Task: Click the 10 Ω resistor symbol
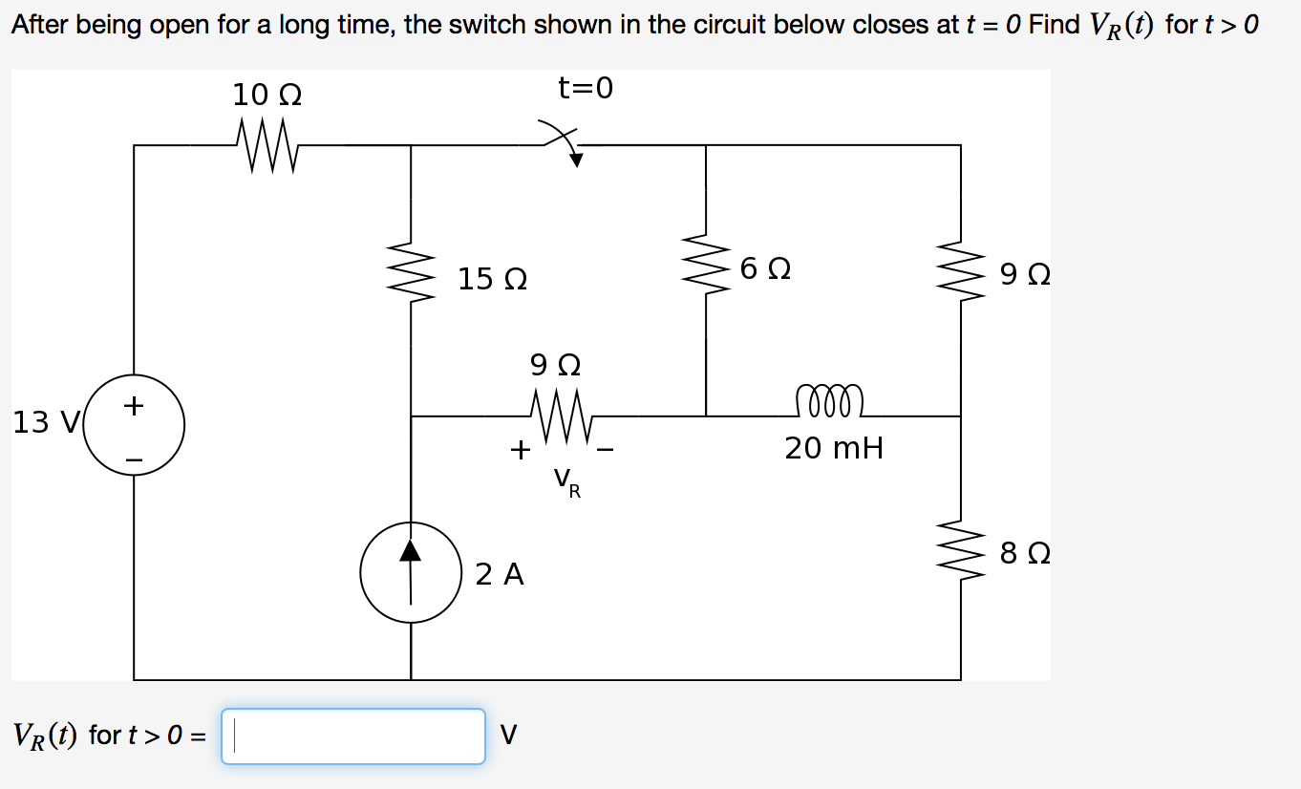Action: click(266, 146)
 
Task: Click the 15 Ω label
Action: click(492, 280)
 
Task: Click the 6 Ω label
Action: click(765, 269)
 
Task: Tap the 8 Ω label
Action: click(1025, 554)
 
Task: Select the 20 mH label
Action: click(834, 447)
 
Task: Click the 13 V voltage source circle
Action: click(134, 425)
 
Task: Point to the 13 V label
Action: click(44, 422)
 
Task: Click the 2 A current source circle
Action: click(411, 572)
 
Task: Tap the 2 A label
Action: click(500, 574)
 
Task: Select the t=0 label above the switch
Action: click(586, 88)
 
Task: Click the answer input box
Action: click(352, 736)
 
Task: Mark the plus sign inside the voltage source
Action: click(134, 407)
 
